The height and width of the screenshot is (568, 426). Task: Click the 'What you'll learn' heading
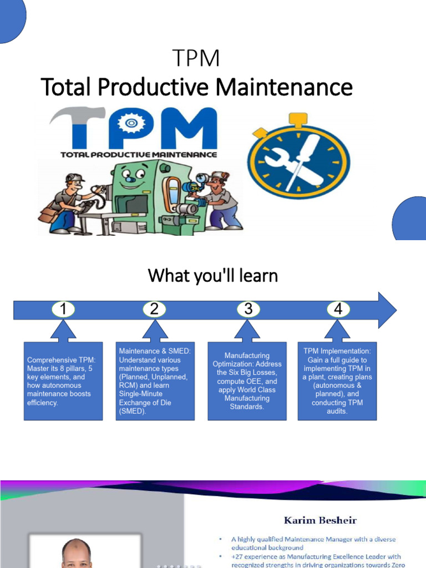click(x=212, y=275)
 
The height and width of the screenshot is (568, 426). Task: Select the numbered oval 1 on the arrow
click(x=64, y=310)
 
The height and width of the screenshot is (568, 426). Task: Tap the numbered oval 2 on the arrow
click(x=154, y=310)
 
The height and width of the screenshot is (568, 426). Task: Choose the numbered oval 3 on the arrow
click(x=248, y=310)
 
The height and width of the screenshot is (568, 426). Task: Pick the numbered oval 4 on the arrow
click(x=338, y=310)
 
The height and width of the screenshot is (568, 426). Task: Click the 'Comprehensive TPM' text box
click(x=63, y=381)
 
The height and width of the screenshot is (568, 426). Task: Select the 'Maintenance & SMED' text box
click(x=155, y=381)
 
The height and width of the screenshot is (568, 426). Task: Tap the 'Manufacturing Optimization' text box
click(x=247, y=381)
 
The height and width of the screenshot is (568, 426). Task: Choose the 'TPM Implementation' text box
click(x=337, y=381)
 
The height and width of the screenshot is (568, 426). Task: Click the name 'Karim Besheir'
click(x=321, y=520)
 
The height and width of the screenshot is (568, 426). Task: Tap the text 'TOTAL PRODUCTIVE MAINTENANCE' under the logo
click(x=138, y=154)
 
